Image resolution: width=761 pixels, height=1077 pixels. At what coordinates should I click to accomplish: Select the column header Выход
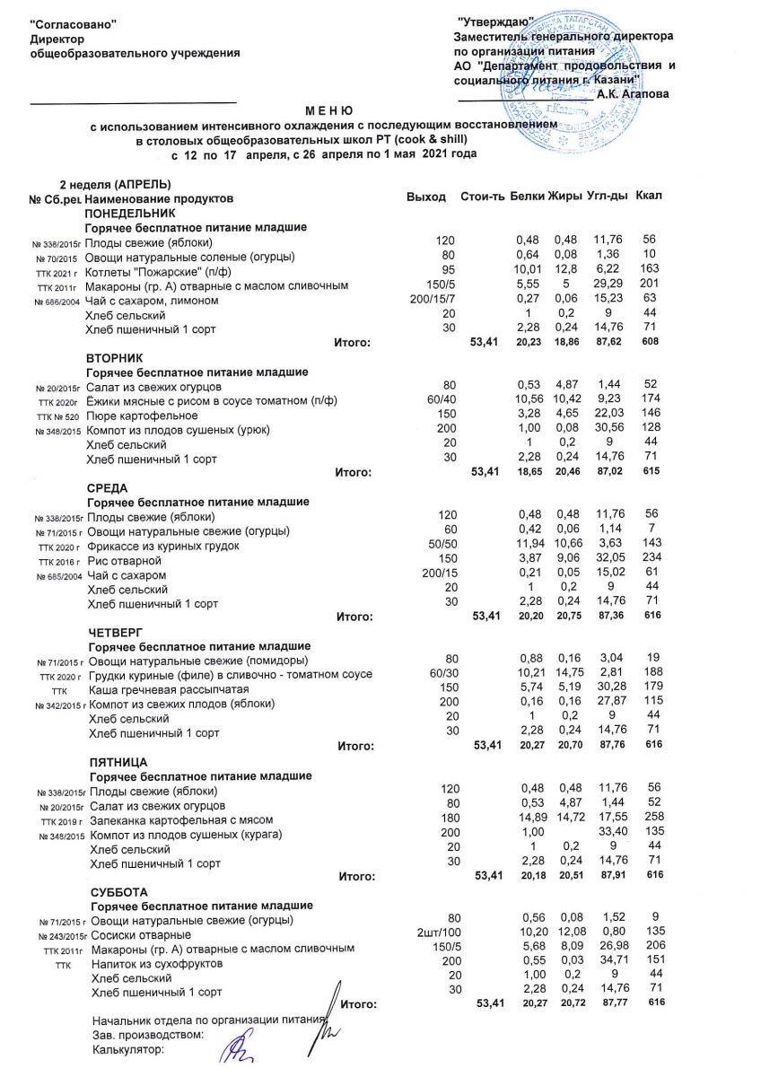coord(425,197)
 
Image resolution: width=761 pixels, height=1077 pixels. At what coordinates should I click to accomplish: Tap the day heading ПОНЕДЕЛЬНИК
coord(130,214)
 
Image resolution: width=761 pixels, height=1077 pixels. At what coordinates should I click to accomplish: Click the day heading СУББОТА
coord(120,892)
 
